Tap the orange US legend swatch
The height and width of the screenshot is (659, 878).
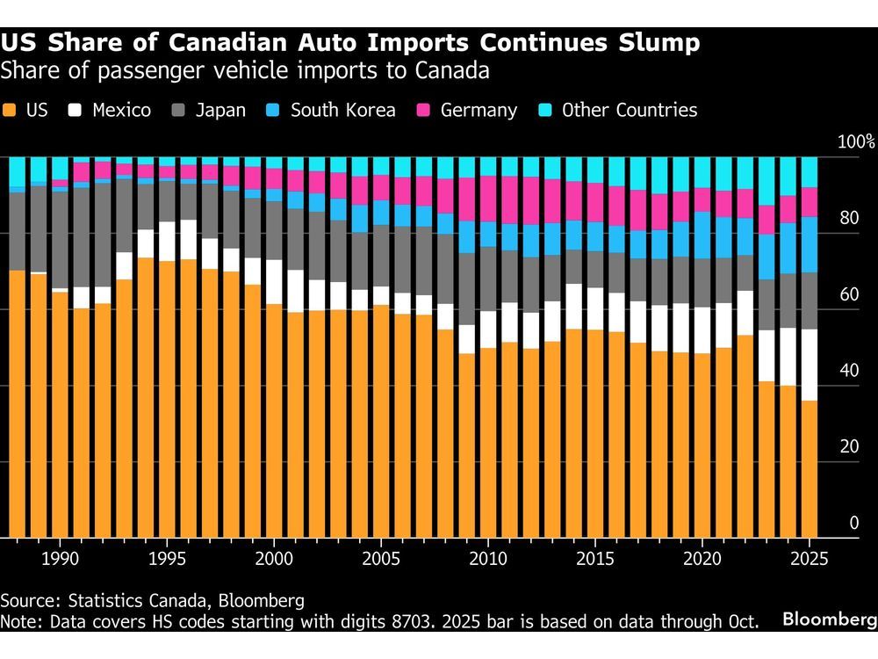(11, 111)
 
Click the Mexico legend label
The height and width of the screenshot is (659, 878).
(122, 111)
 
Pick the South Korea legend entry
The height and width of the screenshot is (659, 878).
(342, 111)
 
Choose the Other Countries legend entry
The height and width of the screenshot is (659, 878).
(629, 111)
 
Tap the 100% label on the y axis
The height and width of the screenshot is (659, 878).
(857, 141)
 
